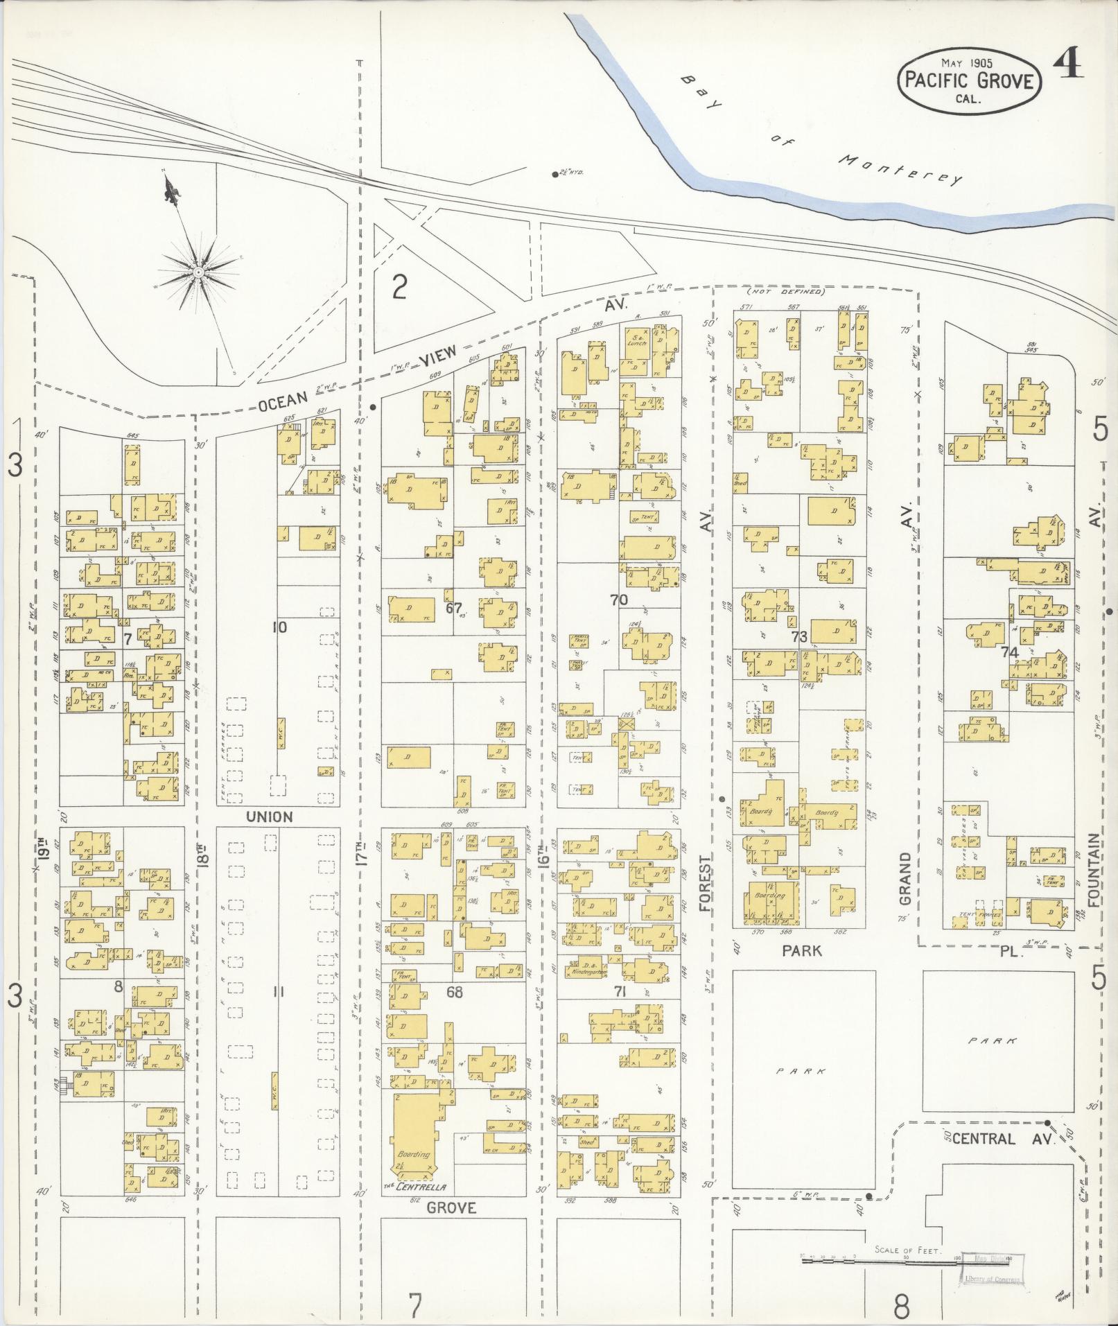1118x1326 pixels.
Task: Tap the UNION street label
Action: click(270, 817)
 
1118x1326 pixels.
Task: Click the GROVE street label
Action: click(451, 1207)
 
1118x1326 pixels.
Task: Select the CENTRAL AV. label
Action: click(1003, 1138)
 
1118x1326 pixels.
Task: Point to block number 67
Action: click(454, 608)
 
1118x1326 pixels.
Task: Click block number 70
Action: click(619, 600)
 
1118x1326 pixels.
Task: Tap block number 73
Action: click(799, 636)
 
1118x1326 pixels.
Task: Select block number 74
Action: click(1009, 652)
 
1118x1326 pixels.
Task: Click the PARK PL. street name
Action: click(901, 951)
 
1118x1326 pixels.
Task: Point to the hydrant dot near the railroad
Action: click(555, 174)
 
